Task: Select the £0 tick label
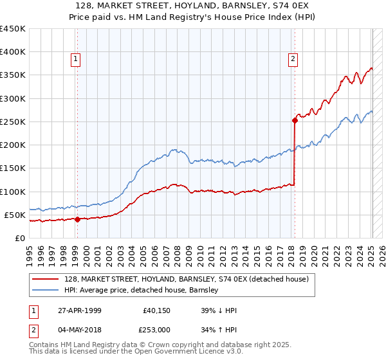[20, 238]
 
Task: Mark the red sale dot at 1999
[78, 219]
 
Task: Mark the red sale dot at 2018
[295, 120]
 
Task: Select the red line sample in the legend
[46, 279]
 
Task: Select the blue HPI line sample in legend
[46, 290]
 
